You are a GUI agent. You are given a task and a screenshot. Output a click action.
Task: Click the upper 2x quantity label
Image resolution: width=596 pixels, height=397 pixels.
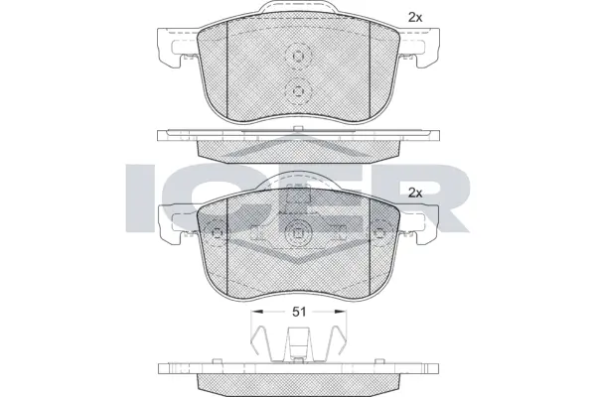click(415, 17)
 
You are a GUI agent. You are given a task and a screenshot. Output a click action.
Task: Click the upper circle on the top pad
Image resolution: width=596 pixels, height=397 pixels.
click(297, 58)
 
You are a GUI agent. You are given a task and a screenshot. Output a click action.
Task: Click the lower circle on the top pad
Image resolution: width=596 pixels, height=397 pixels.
click(297, 91)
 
